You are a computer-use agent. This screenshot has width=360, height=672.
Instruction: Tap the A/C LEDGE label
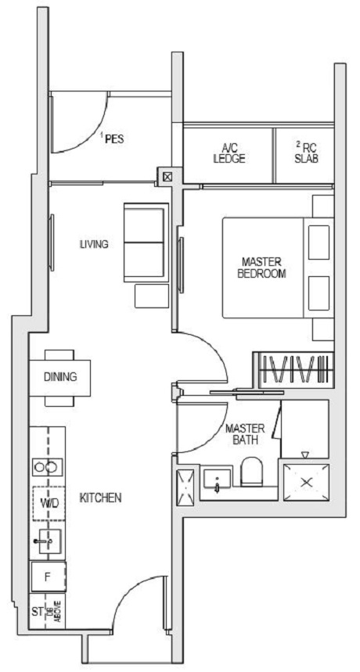tap(229, 153)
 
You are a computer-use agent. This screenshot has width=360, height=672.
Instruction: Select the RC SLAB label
tap(306, 152)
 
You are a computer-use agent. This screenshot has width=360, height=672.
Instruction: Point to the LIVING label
tap(94, 244)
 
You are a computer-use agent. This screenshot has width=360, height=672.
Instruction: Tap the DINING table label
tap(60, 377)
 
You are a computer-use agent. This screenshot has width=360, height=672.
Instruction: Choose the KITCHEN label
tap(100, 498)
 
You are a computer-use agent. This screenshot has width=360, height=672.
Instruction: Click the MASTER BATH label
tap(245, 434)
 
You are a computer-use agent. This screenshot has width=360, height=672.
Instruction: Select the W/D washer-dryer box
tap(47, 501)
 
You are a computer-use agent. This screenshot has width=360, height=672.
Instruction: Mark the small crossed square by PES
tap(167, 176)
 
